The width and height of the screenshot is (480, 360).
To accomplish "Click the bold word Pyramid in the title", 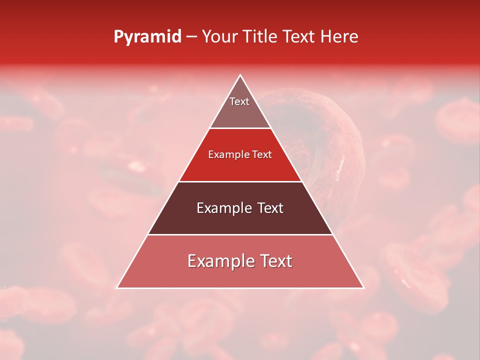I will point(147,37).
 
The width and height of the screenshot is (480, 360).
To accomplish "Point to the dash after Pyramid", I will point(191,37).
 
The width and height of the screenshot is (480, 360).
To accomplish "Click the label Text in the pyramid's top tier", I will point(239,101).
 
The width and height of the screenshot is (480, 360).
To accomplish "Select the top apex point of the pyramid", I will point(240,75).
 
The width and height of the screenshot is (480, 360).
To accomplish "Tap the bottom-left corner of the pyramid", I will point(117,288).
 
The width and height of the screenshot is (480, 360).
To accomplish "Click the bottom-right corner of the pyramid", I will point(363,288).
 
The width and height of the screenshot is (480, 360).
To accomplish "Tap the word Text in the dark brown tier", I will point(270,208).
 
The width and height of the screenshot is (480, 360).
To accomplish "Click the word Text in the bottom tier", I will point(275,261).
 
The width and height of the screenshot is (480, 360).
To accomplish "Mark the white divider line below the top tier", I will point(240,128).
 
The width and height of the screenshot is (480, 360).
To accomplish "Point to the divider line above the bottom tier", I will point(240,235).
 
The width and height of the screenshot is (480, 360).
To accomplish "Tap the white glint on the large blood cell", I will point(342,161).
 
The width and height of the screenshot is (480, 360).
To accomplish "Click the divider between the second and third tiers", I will point(240,181).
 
